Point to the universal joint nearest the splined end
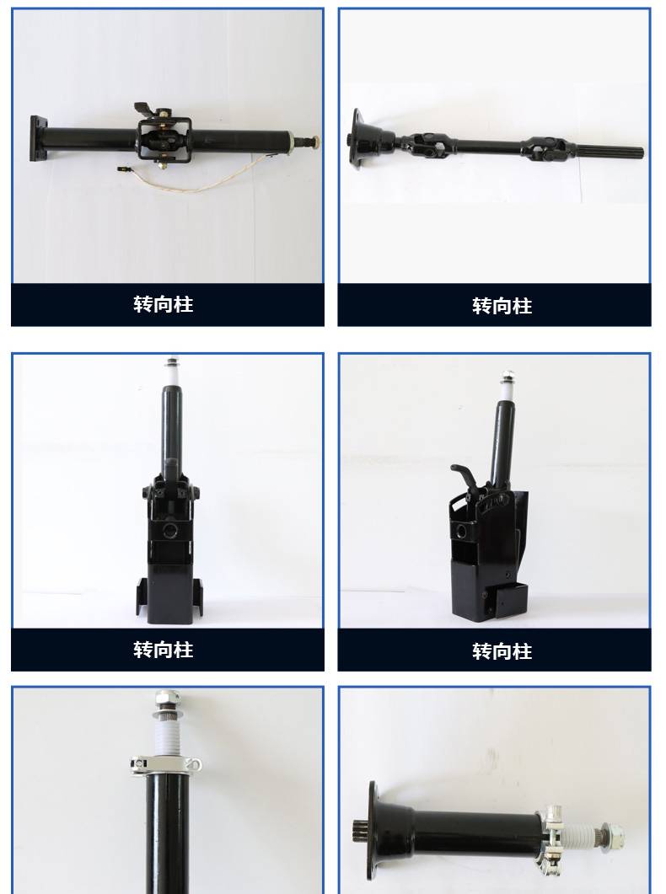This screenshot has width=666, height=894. click(545, 148)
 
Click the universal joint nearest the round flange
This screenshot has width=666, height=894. click(427, 145)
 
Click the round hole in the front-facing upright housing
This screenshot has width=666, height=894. click(170, 531)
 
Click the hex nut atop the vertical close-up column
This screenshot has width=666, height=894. click(167, 697)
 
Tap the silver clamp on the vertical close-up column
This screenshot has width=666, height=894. click(166, 764)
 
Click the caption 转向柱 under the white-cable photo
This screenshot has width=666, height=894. click(164, 304)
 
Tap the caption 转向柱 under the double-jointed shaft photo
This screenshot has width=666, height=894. click(502, 306)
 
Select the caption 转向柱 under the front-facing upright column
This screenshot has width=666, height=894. click(164, 650)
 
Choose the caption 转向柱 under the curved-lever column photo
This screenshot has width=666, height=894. click(502, 651)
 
